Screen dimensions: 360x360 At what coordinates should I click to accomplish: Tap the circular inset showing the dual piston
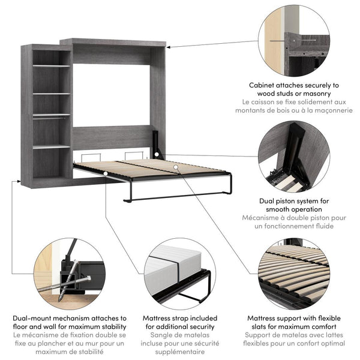click(294, 158)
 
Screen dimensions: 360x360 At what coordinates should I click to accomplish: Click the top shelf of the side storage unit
click(51, 65)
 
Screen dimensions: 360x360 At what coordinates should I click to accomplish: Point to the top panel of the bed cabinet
click(114, 43)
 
